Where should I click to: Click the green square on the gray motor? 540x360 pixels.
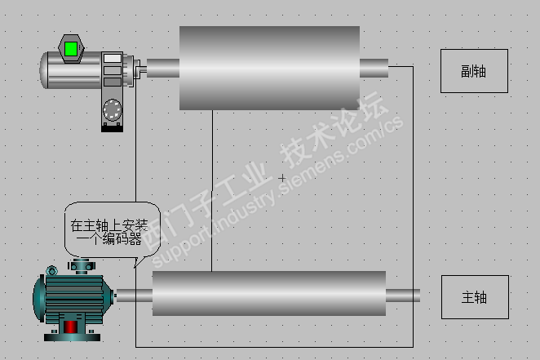click(71, 49)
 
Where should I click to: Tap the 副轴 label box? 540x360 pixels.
click(474, 71)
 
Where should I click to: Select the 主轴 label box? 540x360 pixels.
click(475, 297)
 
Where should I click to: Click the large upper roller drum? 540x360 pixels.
click(269, 68)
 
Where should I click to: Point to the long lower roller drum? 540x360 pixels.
click(269, 293)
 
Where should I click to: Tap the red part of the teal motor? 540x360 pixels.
click(70, 327)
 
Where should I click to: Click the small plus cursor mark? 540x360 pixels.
click(282, 178)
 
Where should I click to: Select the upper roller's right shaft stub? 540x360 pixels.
click(374, 68)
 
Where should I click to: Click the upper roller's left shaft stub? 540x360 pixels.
click(163, 68)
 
